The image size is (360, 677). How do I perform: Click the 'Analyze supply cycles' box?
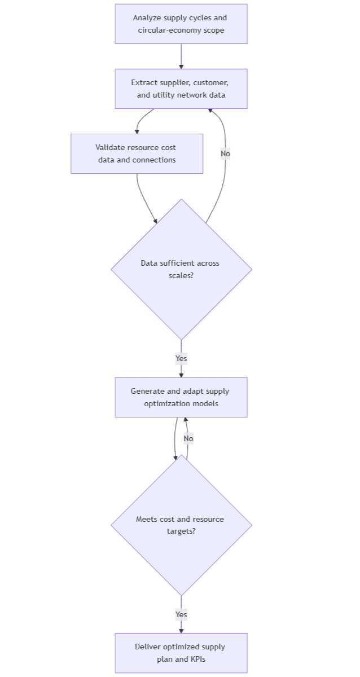point(181,24)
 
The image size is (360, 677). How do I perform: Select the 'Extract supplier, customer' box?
point(181,89)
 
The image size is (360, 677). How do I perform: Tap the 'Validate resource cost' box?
point(137,153)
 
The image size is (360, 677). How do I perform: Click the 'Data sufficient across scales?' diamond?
point(181,269)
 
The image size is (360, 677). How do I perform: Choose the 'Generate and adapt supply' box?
point(181,397)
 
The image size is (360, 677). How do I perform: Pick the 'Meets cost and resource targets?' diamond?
point(181,525)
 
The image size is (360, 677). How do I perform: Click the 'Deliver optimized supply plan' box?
point(181,653)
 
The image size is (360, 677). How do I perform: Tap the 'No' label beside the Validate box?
point(225,153)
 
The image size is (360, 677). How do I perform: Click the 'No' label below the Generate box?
point(188,438)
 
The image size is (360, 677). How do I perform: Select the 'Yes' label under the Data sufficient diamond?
point(181,358)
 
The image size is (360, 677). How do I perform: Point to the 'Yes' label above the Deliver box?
point(181,614)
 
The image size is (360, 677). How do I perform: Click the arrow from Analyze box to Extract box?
point(181,56)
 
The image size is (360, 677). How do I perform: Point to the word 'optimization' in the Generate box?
point(167,403)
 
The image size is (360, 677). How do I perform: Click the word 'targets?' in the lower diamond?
point(181,531)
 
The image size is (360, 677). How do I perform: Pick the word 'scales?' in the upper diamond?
point(181,275)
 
